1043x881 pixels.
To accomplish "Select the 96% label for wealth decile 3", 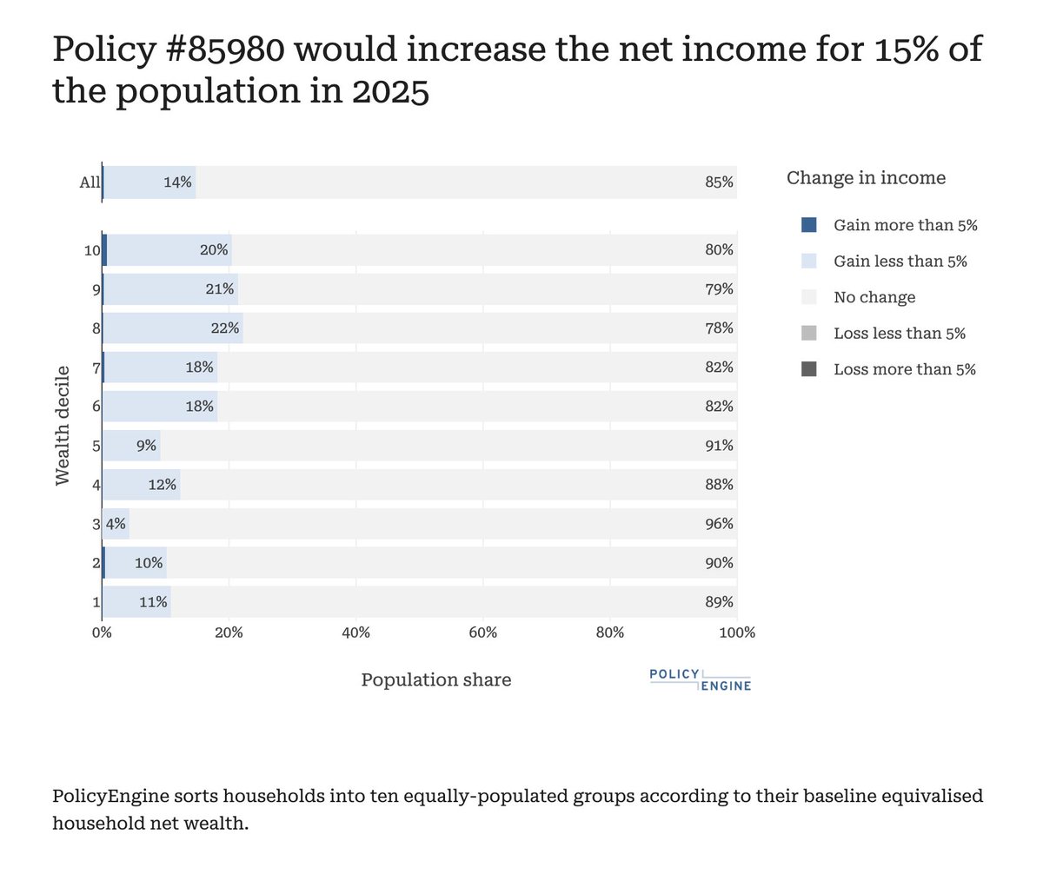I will click(719, 524).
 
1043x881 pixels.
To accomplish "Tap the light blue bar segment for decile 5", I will click(130, 446).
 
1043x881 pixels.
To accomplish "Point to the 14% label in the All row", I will click(177, 182).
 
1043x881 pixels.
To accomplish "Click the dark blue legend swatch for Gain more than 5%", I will click(809, 225).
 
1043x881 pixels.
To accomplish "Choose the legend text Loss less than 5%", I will click(899, 334).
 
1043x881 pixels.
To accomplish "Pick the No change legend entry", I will click(874, 297).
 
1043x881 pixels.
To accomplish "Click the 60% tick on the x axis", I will click(482, 633).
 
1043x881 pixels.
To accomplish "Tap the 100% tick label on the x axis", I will click(737, 633).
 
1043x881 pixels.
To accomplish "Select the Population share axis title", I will click(436, 680).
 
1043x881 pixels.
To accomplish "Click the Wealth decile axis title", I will click(63, 426).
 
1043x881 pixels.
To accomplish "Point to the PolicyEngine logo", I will click(700, 680).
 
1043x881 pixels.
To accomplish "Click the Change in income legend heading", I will click(866, 178).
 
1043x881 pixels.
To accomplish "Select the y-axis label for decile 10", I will click(92, 250).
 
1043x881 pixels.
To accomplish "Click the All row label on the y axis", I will click(90, 182).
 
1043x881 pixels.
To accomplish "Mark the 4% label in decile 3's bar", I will click(116, 524).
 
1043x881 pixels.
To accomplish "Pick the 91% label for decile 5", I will click(719, 446).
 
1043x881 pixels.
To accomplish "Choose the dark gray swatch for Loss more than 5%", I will click(809, 369).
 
